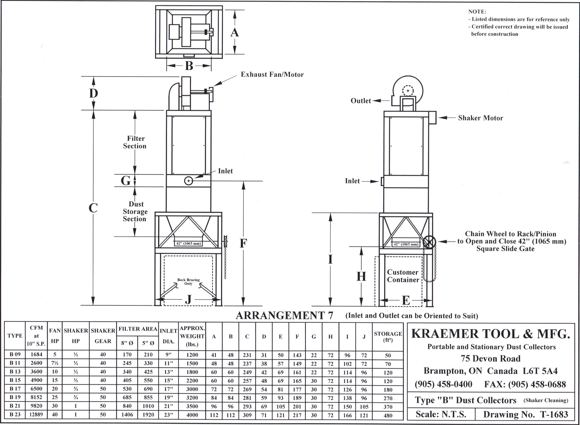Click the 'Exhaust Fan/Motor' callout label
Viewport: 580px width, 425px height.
(x=272, y=75)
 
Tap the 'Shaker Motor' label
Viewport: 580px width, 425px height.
(x=480, y=118)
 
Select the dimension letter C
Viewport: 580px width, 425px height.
(x=93, y=208)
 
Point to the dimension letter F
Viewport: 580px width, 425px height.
(x=243, y=243)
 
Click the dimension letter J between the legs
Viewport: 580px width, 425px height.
(x=188, y=299)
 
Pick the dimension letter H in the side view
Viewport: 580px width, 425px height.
(x=361, y=276)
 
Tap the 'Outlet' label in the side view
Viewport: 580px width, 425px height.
(x=361, y=101)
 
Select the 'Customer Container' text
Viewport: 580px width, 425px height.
(x=403, y=276)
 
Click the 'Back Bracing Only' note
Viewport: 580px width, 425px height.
(x=188, y=282)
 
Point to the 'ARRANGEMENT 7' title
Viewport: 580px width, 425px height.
(x=284, y=316)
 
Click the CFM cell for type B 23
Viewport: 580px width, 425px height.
(x=36, y=415)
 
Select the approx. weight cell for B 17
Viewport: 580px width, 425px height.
(x=192, y=389)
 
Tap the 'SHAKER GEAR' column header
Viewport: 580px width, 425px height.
(x=103, y=336)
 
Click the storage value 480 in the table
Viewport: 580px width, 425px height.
(x=388, y=415)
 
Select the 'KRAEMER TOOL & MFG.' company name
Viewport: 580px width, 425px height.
(x=491, y=334)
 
